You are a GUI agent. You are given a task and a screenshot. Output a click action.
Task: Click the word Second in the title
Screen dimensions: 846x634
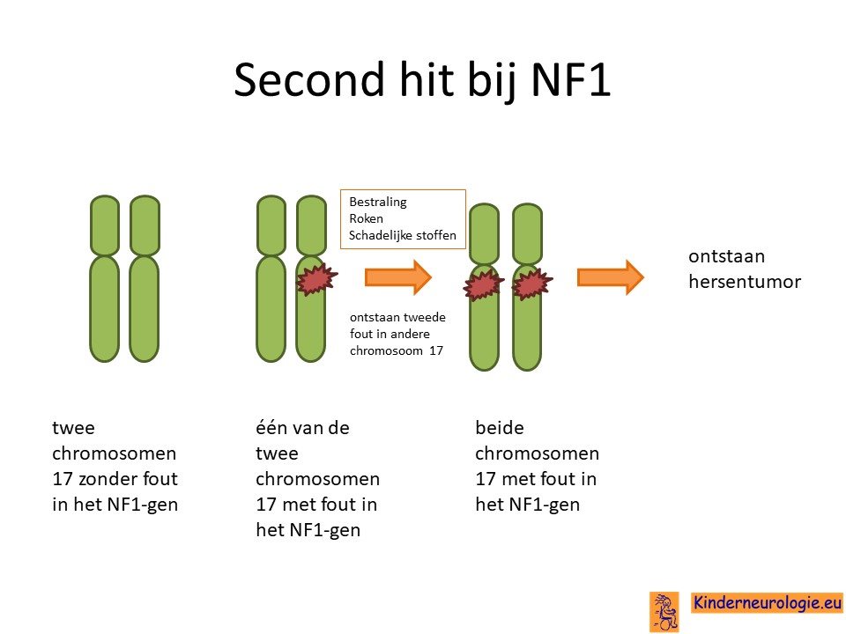point(309,80)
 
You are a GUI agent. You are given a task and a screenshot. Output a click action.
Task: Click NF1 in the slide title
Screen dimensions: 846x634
point(571,80)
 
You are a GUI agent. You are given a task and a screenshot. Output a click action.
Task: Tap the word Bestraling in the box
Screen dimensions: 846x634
point(378,203)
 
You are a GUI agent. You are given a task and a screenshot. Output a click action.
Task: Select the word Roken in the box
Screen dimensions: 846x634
point(366,218)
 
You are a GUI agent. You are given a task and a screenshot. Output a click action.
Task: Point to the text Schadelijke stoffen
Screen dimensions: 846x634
point(403,235)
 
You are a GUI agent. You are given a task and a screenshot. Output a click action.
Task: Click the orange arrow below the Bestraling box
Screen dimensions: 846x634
point(398,277)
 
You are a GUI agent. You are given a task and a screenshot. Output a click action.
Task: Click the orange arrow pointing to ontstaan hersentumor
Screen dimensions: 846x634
point(610,277)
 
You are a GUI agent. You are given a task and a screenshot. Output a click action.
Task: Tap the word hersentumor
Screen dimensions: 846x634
point(745,282)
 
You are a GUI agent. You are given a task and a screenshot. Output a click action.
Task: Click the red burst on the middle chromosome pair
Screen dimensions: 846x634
point(316,279)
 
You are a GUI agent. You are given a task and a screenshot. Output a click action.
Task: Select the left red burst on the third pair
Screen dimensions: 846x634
point(484,284)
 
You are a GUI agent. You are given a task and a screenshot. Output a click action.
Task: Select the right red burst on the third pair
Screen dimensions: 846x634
point(532,284)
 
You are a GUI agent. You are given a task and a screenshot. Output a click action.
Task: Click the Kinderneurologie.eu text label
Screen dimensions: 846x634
point(767,602)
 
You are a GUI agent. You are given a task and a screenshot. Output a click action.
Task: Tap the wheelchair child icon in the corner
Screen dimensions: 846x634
point(664,612)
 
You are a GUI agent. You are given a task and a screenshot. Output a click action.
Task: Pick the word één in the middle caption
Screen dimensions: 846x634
point(268,428)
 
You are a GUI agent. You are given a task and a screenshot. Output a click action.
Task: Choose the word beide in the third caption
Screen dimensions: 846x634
point(500,428)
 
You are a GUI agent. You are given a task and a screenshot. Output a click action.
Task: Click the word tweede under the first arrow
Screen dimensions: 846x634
point(425,317)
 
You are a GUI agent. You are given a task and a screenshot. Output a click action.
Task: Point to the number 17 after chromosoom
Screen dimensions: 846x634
point(436,350)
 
